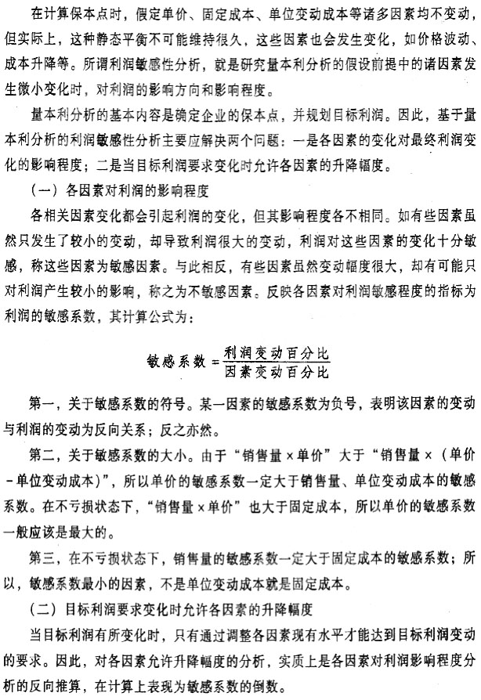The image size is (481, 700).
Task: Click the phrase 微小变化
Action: coord(54,84)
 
